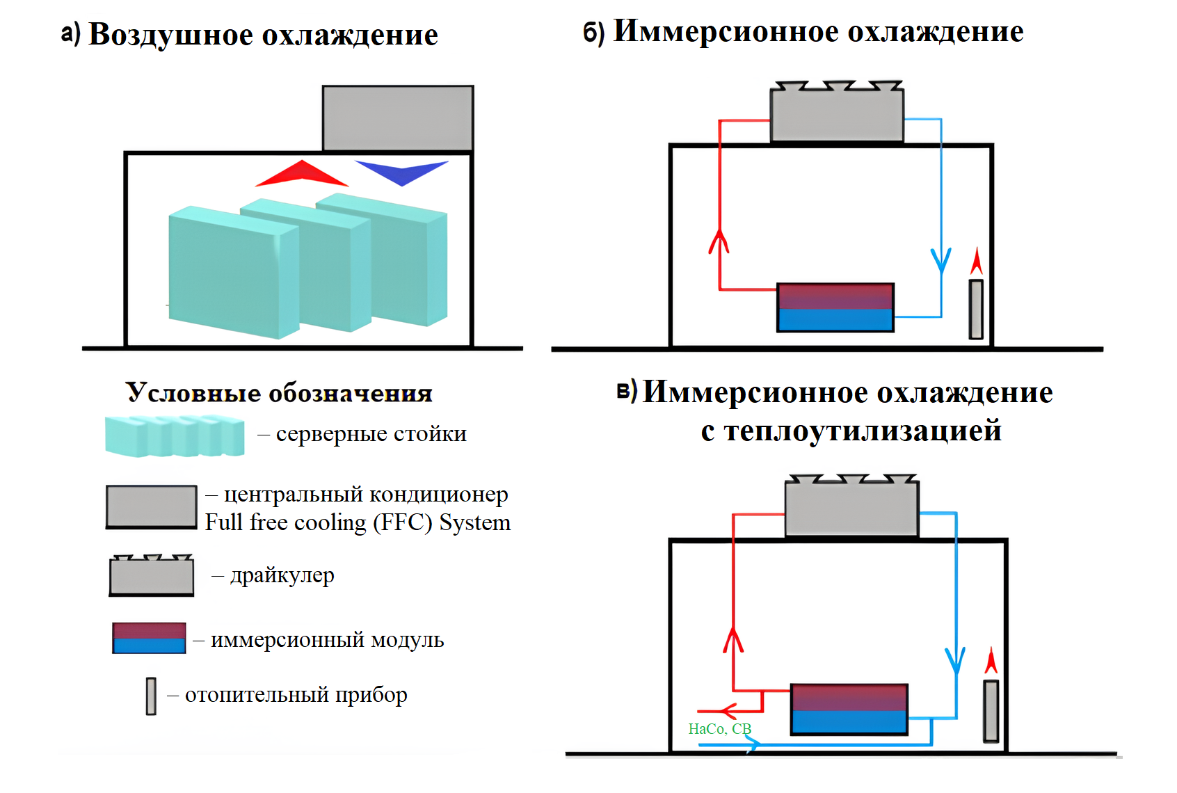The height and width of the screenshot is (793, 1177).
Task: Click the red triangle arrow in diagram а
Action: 301,175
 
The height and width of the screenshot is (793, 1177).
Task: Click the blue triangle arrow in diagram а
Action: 401,171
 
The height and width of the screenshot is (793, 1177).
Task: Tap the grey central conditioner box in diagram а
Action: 397,118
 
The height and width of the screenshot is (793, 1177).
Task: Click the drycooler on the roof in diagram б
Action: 837,113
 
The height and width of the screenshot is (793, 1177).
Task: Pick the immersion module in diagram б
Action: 835,307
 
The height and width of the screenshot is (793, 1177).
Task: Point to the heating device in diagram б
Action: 976,309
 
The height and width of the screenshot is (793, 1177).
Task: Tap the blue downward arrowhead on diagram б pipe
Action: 941,260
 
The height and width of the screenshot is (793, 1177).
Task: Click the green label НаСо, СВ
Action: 719,728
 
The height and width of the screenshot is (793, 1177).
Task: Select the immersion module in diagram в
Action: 849,709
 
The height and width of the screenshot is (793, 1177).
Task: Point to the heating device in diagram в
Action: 991,710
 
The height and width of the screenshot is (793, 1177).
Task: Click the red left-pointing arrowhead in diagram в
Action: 726,711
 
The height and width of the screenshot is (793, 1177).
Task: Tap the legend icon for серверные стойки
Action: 175,436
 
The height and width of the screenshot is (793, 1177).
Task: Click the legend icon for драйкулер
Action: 151,575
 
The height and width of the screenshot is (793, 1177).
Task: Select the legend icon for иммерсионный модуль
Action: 149,638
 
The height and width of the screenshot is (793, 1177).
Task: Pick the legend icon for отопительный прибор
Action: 151,696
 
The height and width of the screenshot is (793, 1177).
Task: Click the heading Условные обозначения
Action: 279,393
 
